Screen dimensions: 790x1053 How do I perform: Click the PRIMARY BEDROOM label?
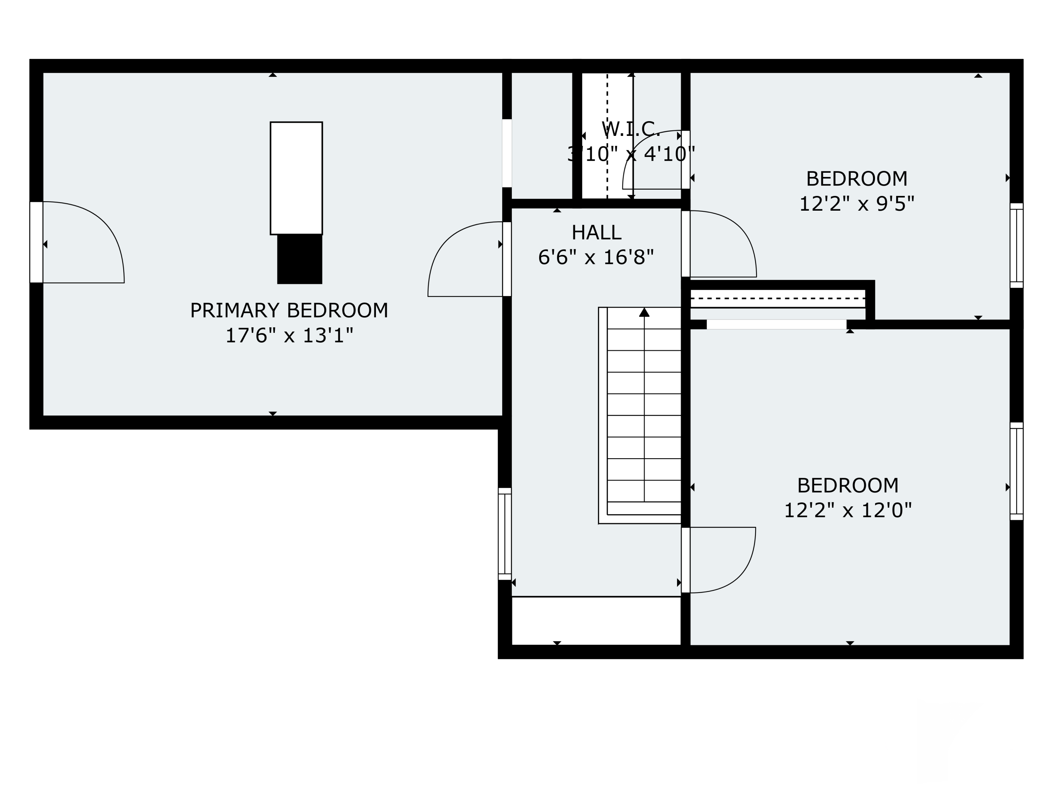click(289, 310)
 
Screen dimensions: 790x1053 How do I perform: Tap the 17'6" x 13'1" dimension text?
click(289, 336)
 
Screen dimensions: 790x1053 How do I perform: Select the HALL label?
click(596, 233)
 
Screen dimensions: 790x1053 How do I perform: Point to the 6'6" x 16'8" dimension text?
click(596, 258)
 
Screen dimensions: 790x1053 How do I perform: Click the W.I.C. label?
click(631, 129)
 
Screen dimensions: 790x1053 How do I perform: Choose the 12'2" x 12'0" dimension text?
click(847, 511)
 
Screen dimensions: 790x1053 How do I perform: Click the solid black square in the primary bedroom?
click(299, 259)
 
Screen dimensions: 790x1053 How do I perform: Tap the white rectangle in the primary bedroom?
click(296, 178)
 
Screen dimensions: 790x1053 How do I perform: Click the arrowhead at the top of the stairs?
click(644, 312)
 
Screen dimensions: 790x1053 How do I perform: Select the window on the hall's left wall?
click(505, 534)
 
